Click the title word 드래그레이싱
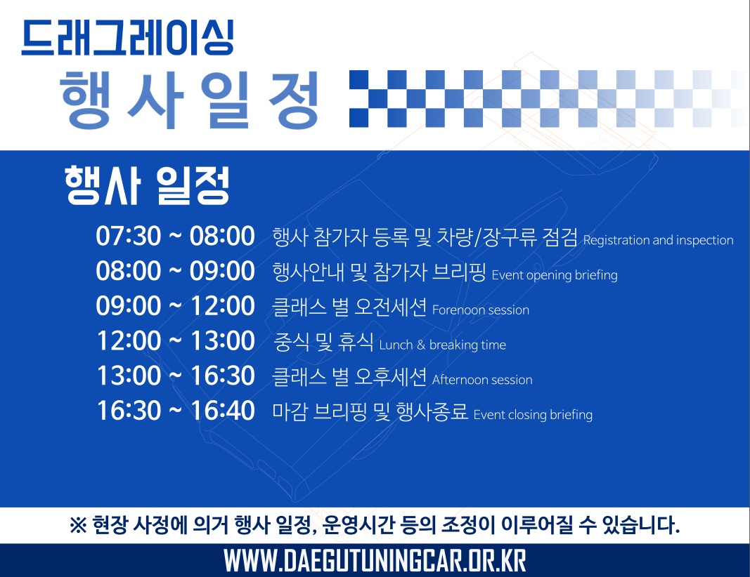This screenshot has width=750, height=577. tap(128, 38)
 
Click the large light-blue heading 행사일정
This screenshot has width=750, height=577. tap(189, 100)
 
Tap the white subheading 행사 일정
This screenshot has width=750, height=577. tap(148, 185)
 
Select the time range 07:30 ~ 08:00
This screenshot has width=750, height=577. tap(175, 236)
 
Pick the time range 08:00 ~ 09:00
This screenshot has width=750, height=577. tap(175, 271)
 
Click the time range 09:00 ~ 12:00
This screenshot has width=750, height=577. tap(175, 305)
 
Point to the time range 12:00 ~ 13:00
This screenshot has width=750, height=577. tap(175, 340)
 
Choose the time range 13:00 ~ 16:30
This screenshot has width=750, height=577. tap(175, 376)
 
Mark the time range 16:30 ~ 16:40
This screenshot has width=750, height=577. tap(175, 411)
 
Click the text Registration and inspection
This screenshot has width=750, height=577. tap(658, 240)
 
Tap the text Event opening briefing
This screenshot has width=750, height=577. tap(555, 275)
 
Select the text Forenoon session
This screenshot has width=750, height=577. tap(481, 310)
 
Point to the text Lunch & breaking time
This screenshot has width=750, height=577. tap(442, 345)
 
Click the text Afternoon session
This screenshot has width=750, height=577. tap(482, 380)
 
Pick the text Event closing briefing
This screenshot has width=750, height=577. tap(533, 415)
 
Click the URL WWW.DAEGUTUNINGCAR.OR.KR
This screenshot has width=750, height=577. tap(375, 560)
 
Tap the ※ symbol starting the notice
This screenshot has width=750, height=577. tap(78, 525)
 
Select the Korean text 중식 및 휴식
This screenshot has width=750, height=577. tap(323, 342)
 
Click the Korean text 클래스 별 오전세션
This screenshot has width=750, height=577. tap(349, 307)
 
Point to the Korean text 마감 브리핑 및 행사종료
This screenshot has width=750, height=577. tap(370, 411)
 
